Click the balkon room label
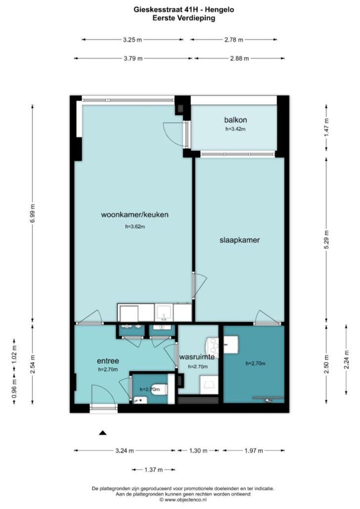point(235,120)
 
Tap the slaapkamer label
point(239,240)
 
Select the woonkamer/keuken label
point(135,214)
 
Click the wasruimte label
point(197,357)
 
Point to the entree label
point(108,361)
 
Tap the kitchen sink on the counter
point(164,313)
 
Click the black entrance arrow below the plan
point(103,432)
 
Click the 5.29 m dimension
point(326,240)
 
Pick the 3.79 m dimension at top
point(133,59)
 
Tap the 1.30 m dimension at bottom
point(198,451)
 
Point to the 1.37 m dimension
point(153,470)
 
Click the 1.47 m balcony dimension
point(326,127)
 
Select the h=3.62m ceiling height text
point(135,227)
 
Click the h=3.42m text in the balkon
point(235,129)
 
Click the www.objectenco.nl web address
point(185,500)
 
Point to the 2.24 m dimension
point(346,360)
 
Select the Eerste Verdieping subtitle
point(184,18)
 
